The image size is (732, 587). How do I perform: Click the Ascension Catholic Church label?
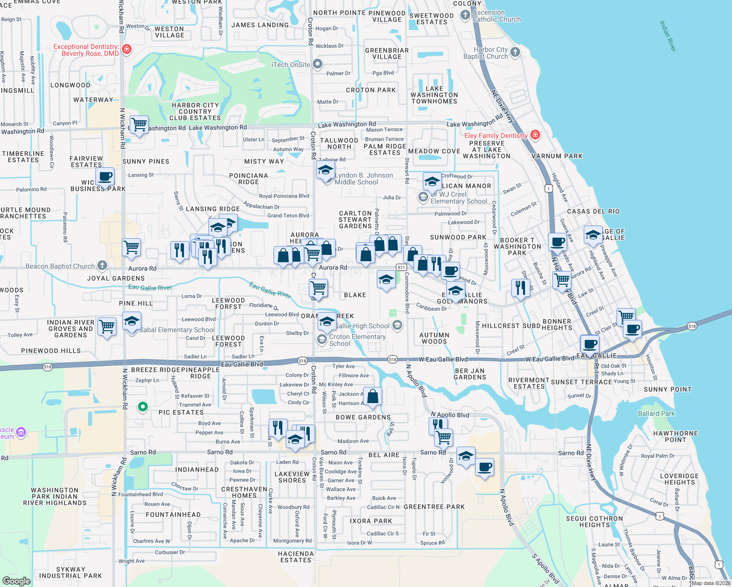(496, 16)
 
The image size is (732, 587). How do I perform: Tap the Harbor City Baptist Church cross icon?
(515, 52)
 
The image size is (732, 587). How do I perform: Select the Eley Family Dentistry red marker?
(535, 135)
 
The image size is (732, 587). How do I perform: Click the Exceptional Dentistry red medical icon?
(127, 49)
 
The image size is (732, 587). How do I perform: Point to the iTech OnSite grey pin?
(318, 64)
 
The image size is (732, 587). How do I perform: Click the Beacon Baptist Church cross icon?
(102, 266)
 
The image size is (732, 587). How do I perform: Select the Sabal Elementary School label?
(177, 330)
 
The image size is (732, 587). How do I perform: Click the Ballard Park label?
(656, 413)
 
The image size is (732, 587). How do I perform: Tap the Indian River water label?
(667, 36)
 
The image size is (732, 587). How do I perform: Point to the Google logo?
(16, 581)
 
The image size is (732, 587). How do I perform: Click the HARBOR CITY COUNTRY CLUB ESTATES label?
(195, 112)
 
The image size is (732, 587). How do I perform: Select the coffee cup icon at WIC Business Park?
(105, 177)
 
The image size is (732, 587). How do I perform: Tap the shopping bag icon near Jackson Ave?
(372, 397)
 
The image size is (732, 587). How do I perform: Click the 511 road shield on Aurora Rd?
(401, 267)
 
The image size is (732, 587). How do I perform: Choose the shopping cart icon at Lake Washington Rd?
(139, 125)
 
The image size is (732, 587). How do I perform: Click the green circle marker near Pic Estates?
(142, 406)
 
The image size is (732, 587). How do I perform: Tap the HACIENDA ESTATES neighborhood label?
(296, 557)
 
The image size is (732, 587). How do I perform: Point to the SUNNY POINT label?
(667, 389)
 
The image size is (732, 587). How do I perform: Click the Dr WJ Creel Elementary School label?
(458, 198)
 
